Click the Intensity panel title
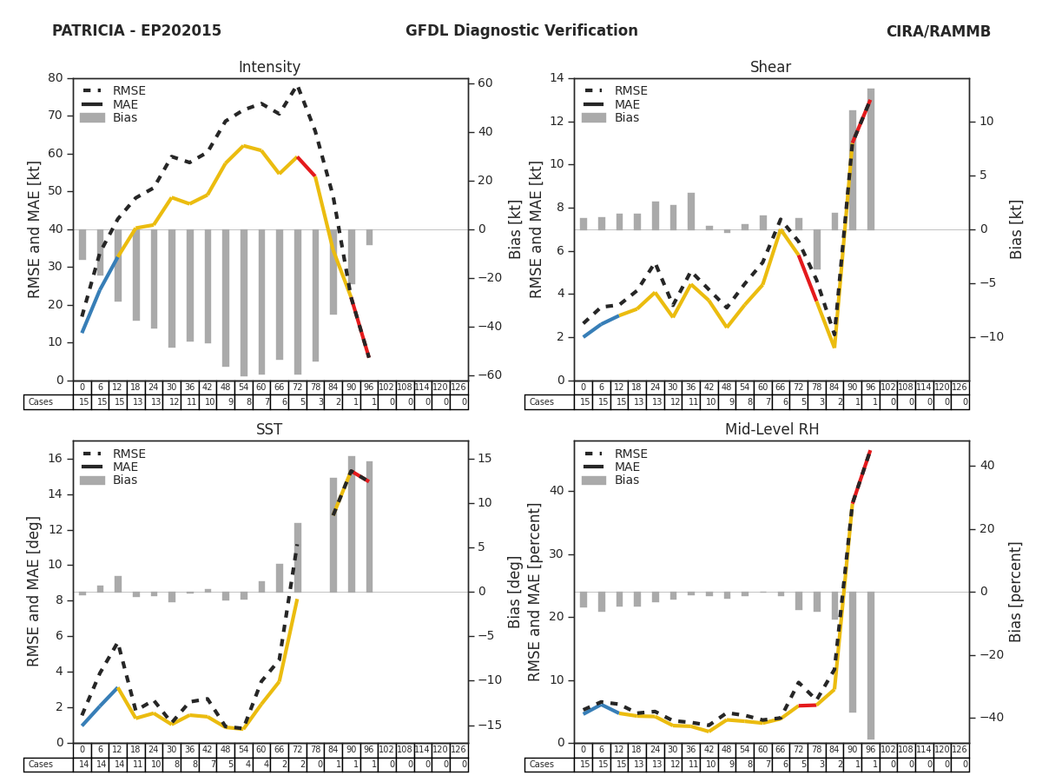tap(269, 68)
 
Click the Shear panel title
tap(770, 68)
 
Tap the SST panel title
tap(269, 430)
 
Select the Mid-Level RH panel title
tap(770, 430)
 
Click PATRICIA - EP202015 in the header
tap(136, 31)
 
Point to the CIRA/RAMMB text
tap(938, 32)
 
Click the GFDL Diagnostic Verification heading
tap(521, 31)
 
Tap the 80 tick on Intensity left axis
tap(55, 77)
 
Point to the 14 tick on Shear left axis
tap(556, 77)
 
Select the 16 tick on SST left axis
tap(55, 458)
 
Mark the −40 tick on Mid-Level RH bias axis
tap(986, 718)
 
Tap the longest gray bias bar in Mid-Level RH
tap(870, 666)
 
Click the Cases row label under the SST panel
tap(41, 765)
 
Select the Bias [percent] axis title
tap(1017, 592)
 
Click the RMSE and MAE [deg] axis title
tap(35, 592)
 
